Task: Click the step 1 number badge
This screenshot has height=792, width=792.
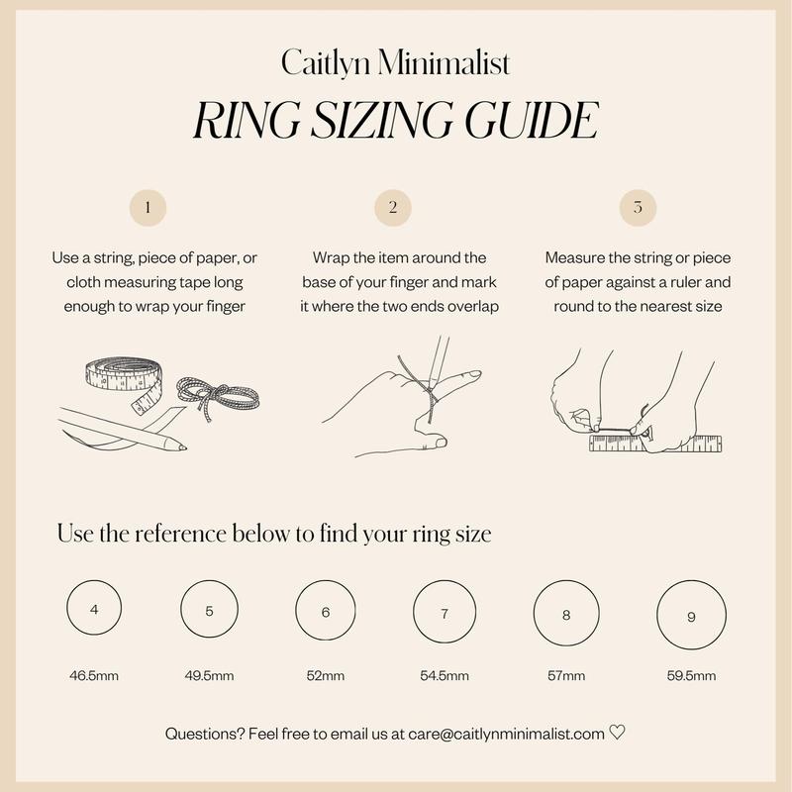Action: pos(148,208)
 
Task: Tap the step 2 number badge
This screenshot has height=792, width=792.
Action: pos(393,208)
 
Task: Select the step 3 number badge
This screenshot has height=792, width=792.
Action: pos(638,208)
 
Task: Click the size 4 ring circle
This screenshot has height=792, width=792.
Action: pos(66,608)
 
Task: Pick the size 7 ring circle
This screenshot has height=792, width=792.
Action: pos(413,612)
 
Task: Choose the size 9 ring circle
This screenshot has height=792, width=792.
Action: pos(657,615)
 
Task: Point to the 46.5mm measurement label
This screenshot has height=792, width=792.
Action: pos(94,676)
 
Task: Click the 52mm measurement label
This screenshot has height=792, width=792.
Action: pos(326,676)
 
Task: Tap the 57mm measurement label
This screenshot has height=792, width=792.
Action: pos(566,676)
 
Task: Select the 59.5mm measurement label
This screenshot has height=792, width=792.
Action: pos(691,676)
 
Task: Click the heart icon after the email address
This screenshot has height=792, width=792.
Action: pos(617,732)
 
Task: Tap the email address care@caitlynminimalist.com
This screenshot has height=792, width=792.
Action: pos(506,734)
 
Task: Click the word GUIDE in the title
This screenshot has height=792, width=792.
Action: pos(532,120)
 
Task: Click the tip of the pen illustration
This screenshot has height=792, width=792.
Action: pos(186,447)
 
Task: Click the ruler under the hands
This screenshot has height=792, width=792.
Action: pos(655,443)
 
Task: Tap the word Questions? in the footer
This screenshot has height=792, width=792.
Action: pos(205,734)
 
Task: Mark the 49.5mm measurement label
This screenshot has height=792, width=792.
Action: pos(209,676)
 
